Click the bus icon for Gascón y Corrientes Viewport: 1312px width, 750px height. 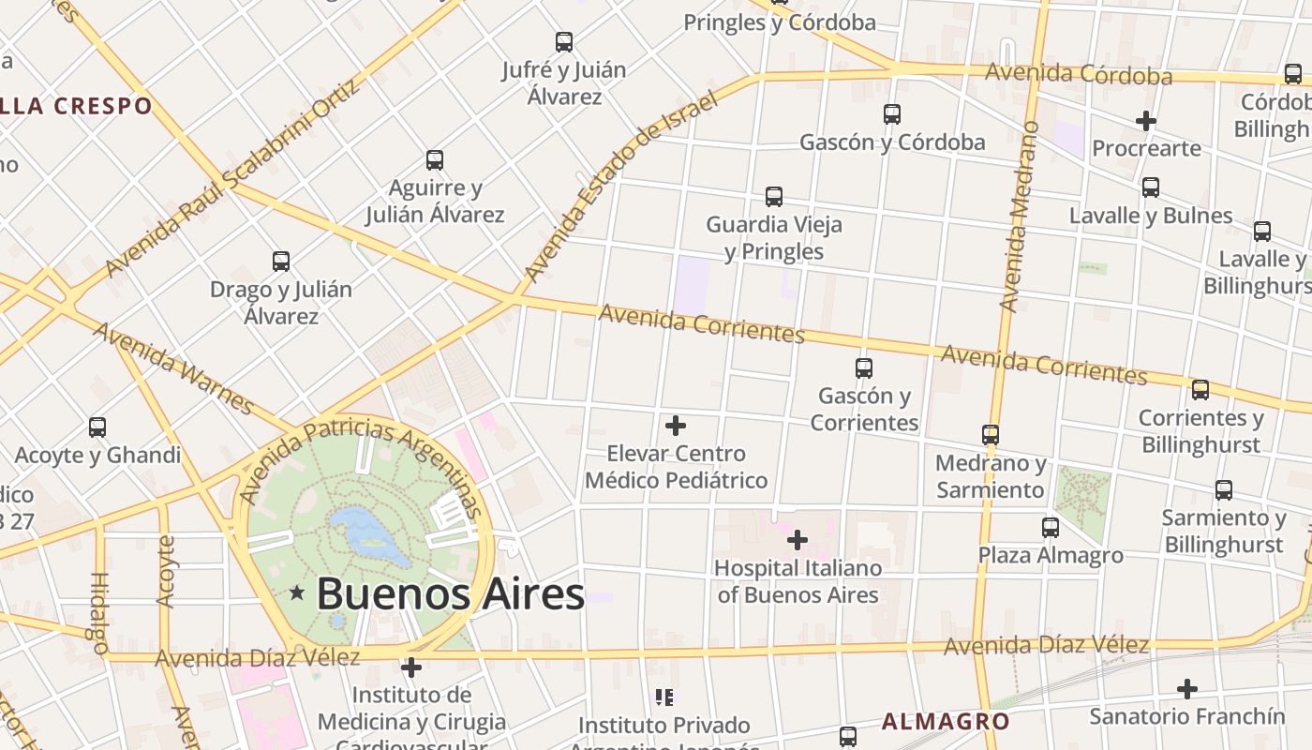click(864, 368)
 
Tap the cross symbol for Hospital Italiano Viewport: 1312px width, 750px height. click(798, 540)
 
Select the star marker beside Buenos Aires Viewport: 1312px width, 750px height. click(297, 592)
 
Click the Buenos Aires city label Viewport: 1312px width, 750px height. click(450, 594)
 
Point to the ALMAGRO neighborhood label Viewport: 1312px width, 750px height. click(946, 721)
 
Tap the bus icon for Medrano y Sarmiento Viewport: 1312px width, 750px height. click(991, 435)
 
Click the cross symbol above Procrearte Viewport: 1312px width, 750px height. click(1145, 121)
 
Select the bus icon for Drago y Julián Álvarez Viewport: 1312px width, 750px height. click(281, 262)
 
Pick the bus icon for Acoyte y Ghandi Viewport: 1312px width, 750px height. click(97, 427)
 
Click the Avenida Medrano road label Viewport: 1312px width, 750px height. click(1020, 217)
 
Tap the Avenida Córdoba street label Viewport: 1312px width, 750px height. click(1079, 74)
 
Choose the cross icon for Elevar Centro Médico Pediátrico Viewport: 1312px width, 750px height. click(676, 426)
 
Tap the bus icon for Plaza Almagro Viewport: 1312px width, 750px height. click(1051, 528)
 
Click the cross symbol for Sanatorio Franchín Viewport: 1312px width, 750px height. click(1187, 689)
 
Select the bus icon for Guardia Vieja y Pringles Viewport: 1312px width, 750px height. click(774, 197)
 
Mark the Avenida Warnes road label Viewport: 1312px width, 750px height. click(174, 368)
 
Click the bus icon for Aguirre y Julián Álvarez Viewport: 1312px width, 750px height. click(435, 160)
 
